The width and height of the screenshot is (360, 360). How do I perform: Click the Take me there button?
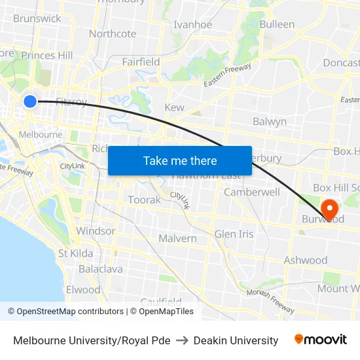click(180, 160)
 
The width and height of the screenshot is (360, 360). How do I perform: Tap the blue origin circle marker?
click(30, 101)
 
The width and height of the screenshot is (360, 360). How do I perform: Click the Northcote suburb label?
click(113, 34)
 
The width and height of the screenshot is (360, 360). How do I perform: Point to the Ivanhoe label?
click(192, 25)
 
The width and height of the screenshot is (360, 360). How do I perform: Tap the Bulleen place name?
click(277, 24)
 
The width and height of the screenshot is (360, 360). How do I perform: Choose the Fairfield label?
click(141, 62)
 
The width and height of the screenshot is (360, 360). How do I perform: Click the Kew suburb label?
click(174, 107)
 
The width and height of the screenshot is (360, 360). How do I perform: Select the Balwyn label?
click(270, 121)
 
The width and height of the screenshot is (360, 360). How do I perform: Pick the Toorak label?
click(144, 200)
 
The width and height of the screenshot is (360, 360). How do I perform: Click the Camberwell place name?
click(252, 192)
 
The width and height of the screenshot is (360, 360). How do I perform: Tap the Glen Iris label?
click(234, 234)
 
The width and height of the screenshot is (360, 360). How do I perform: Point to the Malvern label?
click(177, 238)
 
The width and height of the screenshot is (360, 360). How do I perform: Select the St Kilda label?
click(75, 253)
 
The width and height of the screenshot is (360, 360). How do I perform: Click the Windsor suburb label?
click(96, 231)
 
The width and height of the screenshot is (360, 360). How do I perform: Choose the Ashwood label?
click(305, 261)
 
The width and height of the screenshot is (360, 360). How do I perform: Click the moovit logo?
click(320, 340)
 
